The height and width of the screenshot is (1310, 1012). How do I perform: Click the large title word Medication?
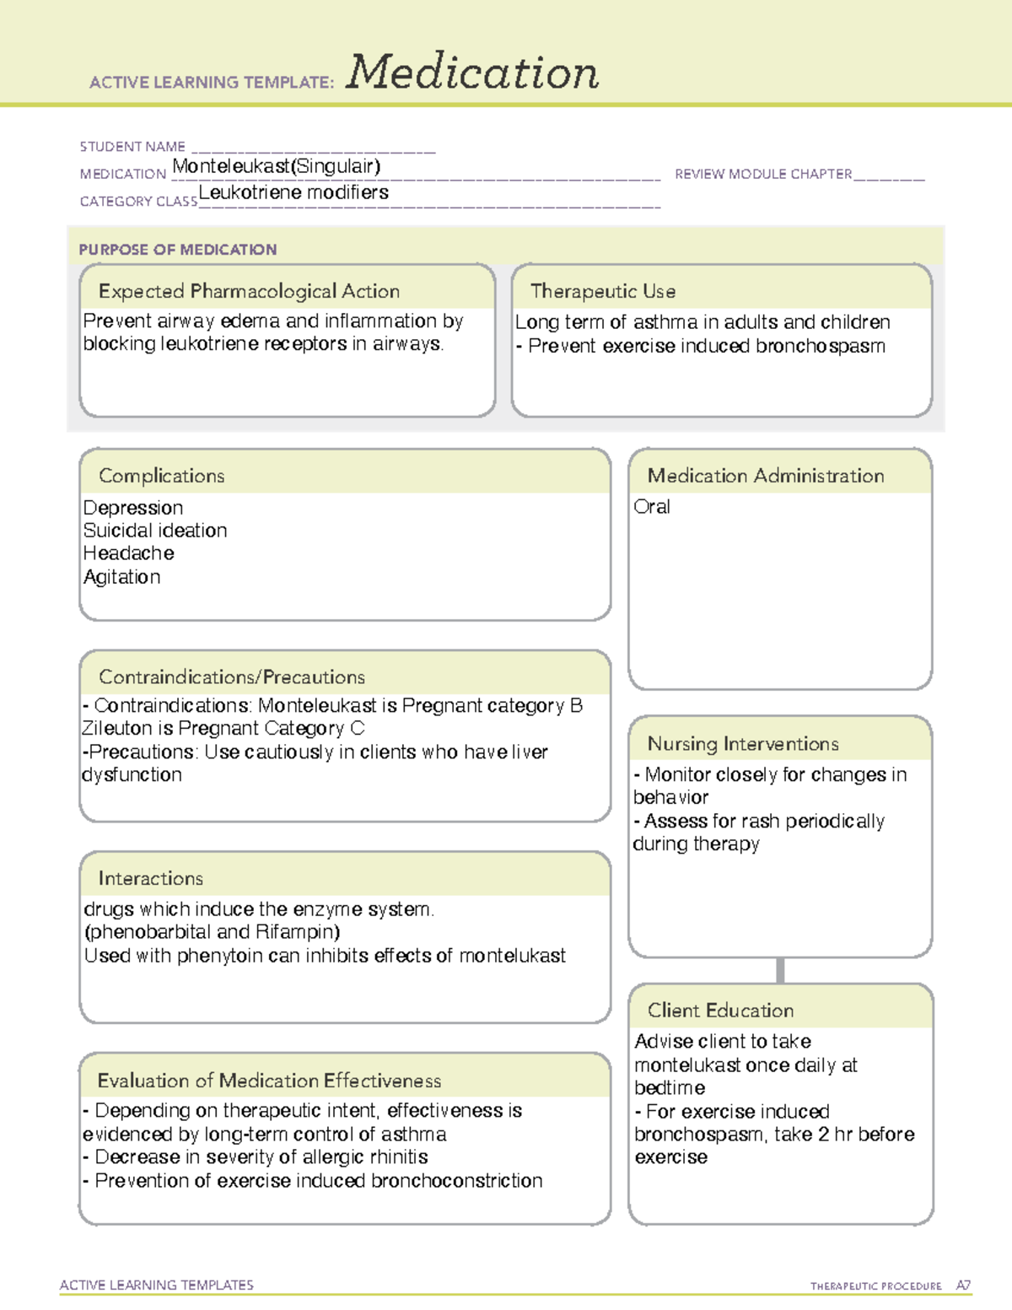click(471, 73)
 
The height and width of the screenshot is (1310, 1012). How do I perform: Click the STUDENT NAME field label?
click(132, 147)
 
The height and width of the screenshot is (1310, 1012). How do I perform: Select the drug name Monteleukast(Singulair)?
click(276, 166)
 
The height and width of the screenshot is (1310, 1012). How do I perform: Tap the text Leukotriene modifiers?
click(293, 192)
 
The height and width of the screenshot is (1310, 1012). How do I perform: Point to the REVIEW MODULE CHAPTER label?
click(763, 174)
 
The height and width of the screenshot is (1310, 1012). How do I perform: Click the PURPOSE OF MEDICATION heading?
click(178, 250)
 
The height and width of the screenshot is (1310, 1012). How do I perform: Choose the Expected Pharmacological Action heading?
click(249, 291)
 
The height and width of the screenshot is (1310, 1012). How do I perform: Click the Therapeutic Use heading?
click(603, 291)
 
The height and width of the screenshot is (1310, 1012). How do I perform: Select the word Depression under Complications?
click(133, 508)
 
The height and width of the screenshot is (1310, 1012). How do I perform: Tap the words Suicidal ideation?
click(155, 531)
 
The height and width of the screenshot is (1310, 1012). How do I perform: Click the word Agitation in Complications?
click(122, 577)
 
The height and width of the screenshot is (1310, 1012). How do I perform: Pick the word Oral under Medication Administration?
click(652, 507)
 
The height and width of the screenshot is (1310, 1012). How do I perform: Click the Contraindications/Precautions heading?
click(232, 677)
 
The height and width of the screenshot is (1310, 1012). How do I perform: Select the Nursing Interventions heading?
click(743, 743)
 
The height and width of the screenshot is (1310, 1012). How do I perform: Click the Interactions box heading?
click(151, 878)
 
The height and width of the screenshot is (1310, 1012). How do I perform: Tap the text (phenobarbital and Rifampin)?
click(213, 932)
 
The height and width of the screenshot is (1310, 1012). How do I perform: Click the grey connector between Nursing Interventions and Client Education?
click(780, 970)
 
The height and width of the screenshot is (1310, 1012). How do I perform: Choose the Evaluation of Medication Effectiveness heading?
click(269, 1081)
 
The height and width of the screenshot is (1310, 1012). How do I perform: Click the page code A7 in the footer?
click(963, 1286)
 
